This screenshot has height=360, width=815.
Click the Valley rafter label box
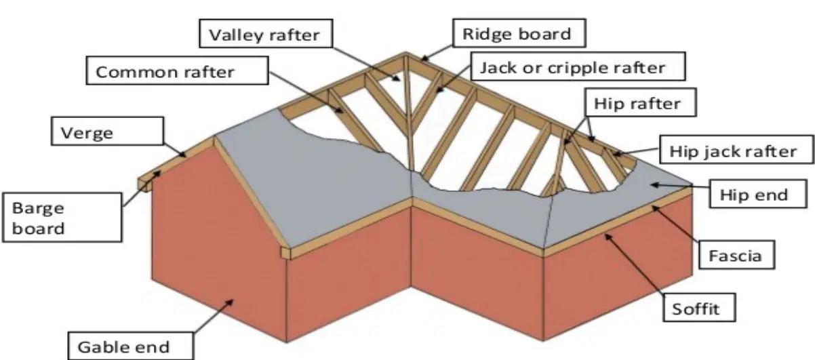click(x=266, y=33)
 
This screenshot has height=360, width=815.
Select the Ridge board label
click(x=519, y=33)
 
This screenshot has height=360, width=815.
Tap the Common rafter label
click(x=178, y=71)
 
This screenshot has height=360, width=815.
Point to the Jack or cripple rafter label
click(x=578, y=66)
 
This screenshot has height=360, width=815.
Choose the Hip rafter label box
click(x=641, y=102)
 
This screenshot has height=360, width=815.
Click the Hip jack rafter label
click(x=737, y=149)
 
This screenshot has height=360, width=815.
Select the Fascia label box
click(x=737, y=254)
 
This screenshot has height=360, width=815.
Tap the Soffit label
click(x=699, y=308)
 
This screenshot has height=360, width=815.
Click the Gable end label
click(x=131, y=346)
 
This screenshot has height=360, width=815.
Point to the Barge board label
click(x=62, y=218)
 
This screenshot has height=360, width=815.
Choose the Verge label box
click(x=107, y=131)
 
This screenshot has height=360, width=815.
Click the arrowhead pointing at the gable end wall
click(x=229, y=303)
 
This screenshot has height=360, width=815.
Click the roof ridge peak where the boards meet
click(x=406, y=54)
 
